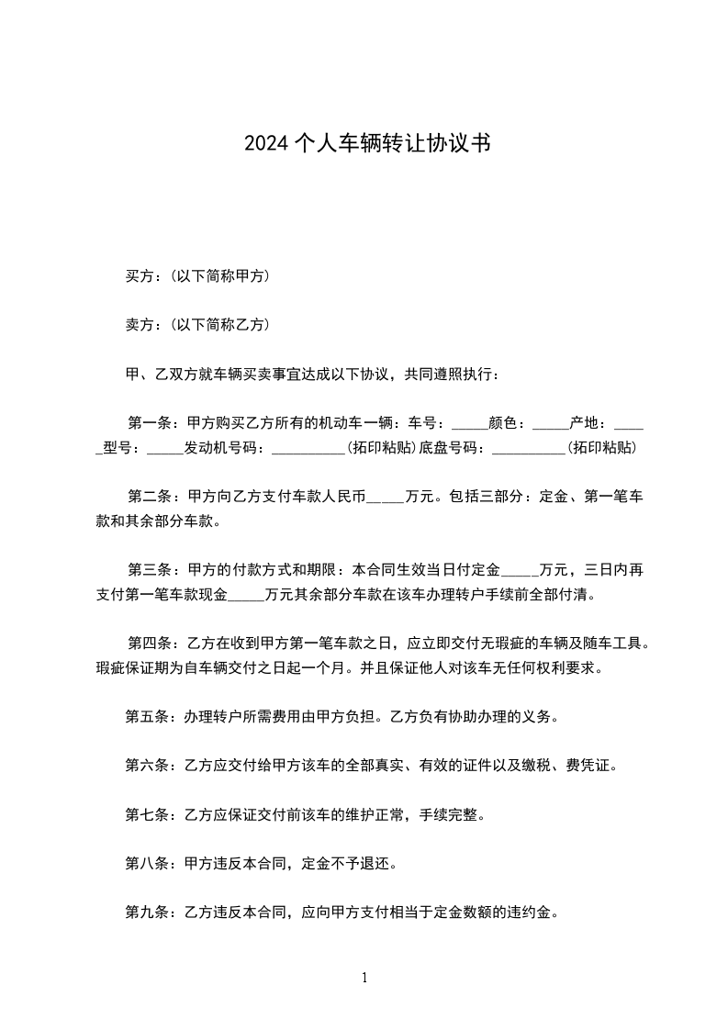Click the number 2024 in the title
point(265,143)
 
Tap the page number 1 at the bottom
point(364,978)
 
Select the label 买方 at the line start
point(139,275)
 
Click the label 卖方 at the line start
point(139,324)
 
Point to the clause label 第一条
point(150,423)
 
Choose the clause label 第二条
point(150,497)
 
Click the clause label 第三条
point(150,570)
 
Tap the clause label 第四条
point(150,644)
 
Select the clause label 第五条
point(146,716)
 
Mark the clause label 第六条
point(146,766)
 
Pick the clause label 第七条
point(146,814)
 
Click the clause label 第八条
point(146,863)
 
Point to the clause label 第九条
point(146,912)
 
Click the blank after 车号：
point(471,425)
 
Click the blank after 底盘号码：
point(529,450)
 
